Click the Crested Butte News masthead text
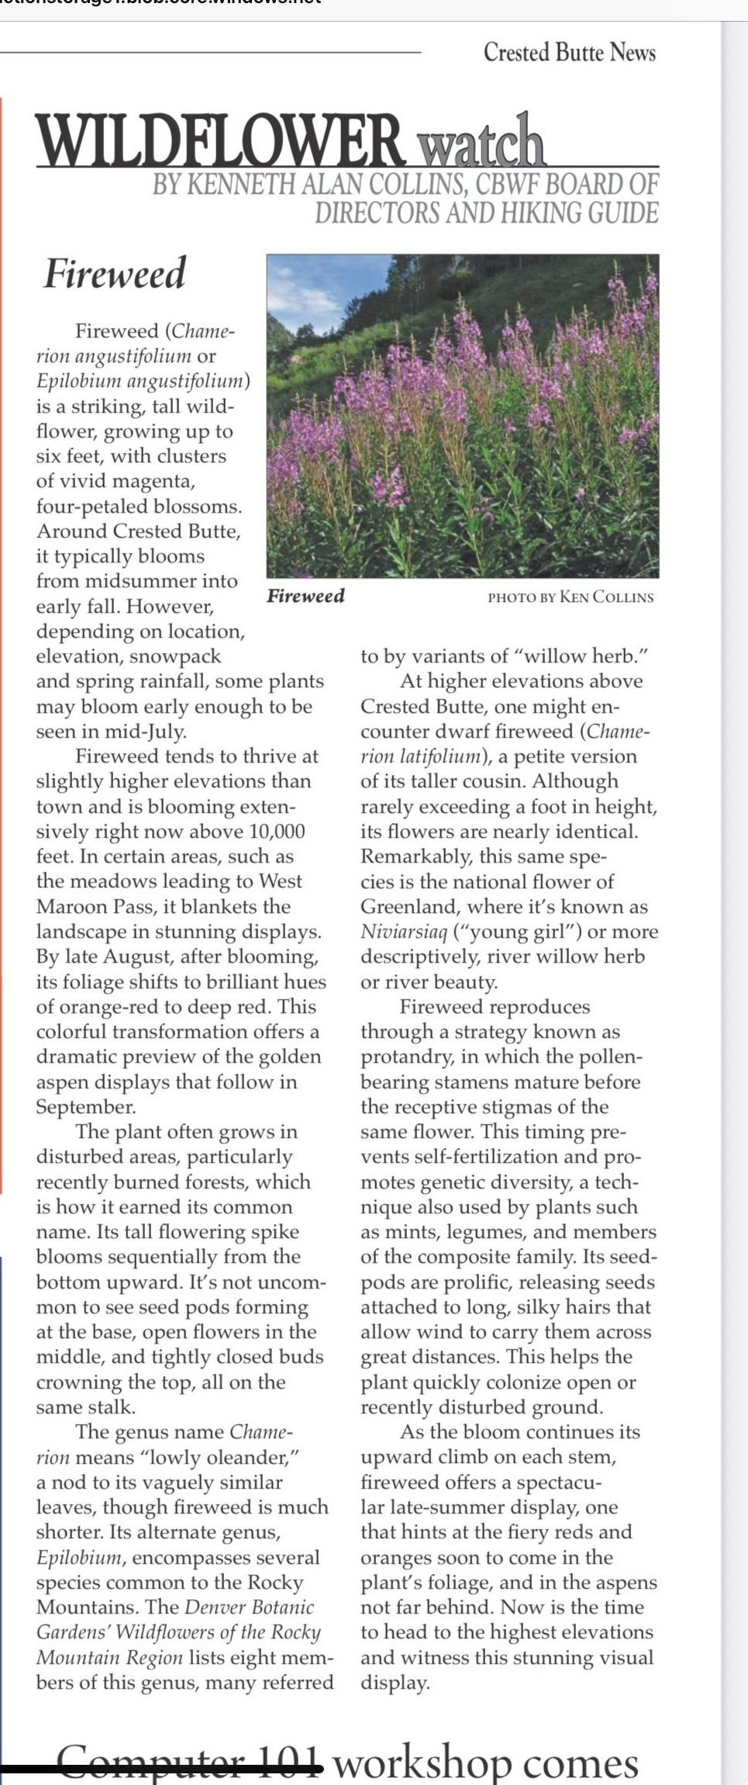[569, 53]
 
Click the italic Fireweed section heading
[115, 273]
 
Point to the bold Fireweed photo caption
[305, 596]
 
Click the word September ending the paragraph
[85, 1107]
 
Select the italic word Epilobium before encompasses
[79, 1558]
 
